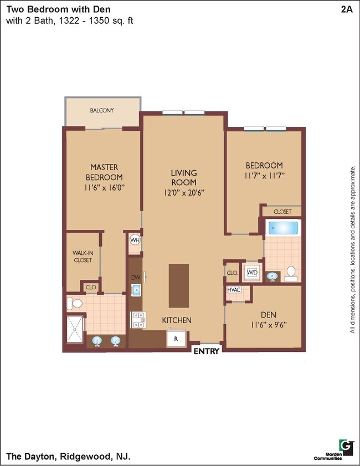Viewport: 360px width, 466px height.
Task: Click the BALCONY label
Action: [102, 110]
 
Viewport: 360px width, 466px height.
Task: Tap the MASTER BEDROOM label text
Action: [104, 172]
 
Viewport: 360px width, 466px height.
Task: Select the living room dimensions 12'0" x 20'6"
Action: [183, 193]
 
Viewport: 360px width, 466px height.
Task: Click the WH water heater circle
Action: [135, 240]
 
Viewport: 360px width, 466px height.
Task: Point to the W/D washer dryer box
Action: [252, 273]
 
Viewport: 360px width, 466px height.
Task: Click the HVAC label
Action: [233, 289]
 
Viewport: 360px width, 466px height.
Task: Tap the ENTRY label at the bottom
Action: [207, 350]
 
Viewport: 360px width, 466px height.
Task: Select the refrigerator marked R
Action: [176, 338]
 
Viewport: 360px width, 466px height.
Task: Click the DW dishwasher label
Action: [135, 277]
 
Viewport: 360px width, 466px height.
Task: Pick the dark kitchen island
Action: [179, 285]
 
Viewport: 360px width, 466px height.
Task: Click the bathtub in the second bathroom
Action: [282, 228]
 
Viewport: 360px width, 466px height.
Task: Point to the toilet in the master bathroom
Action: [74, 303]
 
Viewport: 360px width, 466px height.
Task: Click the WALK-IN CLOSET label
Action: [83, 256]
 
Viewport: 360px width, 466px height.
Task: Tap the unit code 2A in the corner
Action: [347, 9]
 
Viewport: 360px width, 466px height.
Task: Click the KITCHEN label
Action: [177, 320]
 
